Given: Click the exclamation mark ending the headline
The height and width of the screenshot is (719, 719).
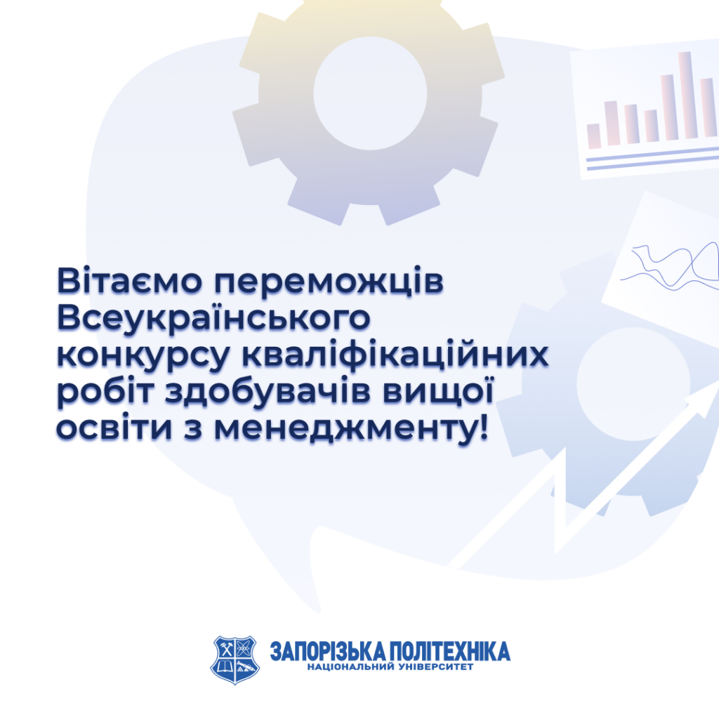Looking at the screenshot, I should (x=481, y=426).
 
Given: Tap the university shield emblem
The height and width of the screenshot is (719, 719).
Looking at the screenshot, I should (x=235, y=659).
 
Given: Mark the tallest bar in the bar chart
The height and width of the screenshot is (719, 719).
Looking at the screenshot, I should (x=685, y=95).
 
